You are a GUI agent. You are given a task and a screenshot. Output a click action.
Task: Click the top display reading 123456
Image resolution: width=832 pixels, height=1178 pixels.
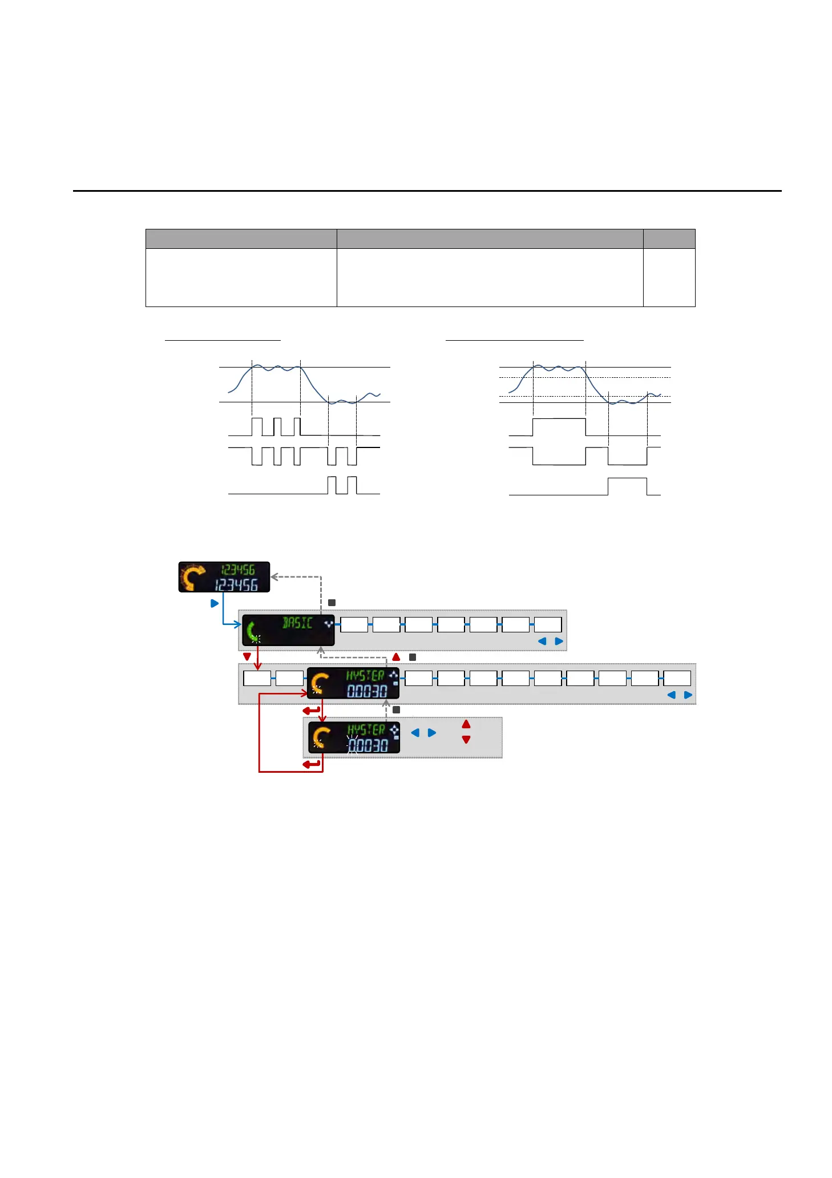224,577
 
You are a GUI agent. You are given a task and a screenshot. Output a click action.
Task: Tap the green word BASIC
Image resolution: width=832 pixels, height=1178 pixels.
297,623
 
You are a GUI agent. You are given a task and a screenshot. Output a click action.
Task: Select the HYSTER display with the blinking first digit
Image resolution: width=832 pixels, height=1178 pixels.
354,737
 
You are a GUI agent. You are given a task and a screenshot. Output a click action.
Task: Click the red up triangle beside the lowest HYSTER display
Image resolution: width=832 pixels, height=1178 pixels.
466,724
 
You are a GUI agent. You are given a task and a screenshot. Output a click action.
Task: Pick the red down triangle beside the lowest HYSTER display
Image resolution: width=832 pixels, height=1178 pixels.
466,740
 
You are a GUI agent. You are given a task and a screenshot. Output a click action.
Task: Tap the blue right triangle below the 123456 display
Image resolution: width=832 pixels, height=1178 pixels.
215,603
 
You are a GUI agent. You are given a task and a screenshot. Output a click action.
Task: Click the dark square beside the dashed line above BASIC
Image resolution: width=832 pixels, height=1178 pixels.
332,603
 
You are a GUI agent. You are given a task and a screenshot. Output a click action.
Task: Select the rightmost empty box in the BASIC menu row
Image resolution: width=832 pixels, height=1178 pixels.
548,624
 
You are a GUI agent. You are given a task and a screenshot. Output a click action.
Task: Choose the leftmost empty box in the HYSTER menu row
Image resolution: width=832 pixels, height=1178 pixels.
257,678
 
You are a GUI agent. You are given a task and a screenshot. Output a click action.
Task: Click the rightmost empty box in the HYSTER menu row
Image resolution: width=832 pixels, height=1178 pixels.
677,678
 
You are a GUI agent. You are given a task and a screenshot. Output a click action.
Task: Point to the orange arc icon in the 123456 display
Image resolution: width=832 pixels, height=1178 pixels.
193,577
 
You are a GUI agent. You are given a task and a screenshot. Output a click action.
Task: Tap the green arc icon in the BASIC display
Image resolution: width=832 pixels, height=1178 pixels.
253,631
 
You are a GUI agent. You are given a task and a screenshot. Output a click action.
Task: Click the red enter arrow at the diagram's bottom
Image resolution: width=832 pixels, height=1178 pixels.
312,764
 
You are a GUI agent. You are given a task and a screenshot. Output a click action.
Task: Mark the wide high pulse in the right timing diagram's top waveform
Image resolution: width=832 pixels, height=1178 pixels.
559,426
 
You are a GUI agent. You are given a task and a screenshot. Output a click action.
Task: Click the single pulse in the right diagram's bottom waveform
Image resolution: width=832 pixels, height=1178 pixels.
627,486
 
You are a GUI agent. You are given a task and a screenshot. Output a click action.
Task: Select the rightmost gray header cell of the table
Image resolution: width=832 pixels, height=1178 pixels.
669,239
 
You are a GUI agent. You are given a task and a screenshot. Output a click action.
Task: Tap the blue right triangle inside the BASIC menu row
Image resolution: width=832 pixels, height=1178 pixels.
559,642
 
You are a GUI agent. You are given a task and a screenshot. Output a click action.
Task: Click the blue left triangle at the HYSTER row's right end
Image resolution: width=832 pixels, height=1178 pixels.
671,695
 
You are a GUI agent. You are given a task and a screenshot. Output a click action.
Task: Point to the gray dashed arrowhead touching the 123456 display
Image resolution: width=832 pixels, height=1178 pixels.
274,577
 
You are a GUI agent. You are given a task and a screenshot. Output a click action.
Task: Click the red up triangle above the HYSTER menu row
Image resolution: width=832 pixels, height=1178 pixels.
397,657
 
